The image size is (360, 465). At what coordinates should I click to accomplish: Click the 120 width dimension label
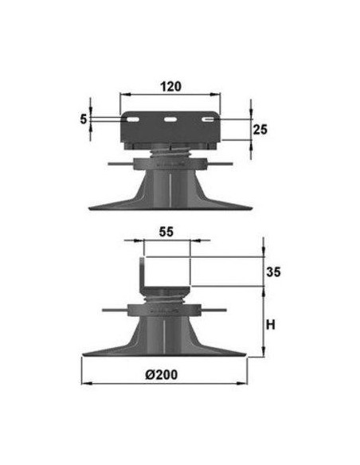pyautogui.click(x=170, y=87)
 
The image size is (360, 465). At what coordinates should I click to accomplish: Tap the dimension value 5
pyautogui.click(x=84, y=119)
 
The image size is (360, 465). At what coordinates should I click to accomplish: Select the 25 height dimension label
pyautogui.click(x=260, y=130)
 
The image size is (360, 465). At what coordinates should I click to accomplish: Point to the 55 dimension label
pyautogui.click(x=166, y=232)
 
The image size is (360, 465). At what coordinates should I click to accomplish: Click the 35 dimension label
pyautogui.click(x=273, y=272)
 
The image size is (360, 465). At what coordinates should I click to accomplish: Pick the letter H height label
pyautogui.click(x=271, y=325)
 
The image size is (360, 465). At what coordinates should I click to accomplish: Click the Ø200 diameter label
pyautogui.click(x=162, y=374)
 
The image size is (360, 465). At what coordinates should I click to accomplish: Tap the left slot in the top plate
pyautogui.click(x=132, y=119)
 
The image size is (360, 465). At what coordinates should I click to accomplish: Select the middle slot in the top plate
pyautogui.click(x=170, y=119)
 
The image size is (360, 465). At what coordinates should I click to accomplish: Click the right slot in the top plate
pyautogui.click(x=208, y=119)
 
